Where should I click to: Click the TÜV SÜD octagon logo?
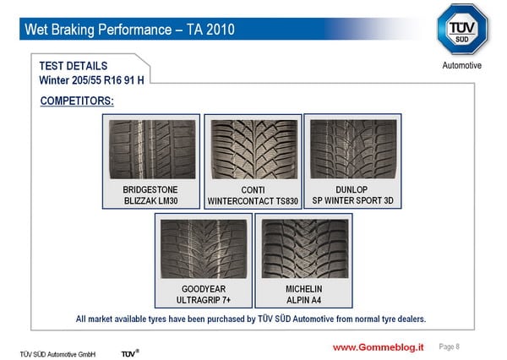pyautogui.click(x=461, y=29)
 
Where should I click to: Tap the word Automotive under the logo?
pyautogui.click(x=461, y=65)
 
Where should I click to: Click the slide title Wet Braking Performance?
pyautogui.click(x=98, y=30)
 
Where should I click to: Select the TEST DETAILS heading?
pyautogui.click(x=74, y=66)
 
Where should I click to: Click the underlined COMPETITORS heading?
pyautogui.click(x=77, y=101)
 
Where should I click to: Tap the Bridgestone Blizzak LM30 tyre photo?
pyautogui.click(x=152, y=150)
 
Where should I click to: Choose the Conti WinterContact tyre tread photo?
pyautogui.click(x=254, y=150)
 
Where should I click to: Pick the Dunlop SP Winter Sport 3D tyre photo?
pyautogui.click(x=353, y=149)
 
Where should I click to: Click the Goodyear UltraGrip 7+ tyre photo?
pyautogui.click(x=204, y=248)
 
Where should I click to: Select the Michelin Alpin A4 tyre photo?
pyautogui.click(x=305, y=248)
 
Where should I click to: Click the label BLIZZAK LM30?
pyautogui.click(x=151, y=201)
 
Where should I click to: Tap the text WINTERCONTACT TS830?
pyautogui.click(x=253, y=201)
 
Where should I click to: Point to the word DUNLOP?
pyautogui.click(x=352, y=189)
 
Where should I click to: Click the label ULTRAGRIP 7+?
pyautogui.click(x=204, y=300)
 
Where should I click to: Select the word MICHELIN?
pyautogui.click(x=304, y=289)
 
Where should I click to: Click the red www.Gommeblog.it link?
pyautogui.click(x=379, y=347)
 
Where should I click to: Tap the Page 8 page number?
pyautogui.click(x=450, y=346)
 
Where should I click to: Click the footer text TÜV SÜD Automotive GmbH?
pyautogui.click(x=57, y=354)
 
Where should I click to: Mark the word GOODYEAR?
pyautogui.click(x=204, y=289)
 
